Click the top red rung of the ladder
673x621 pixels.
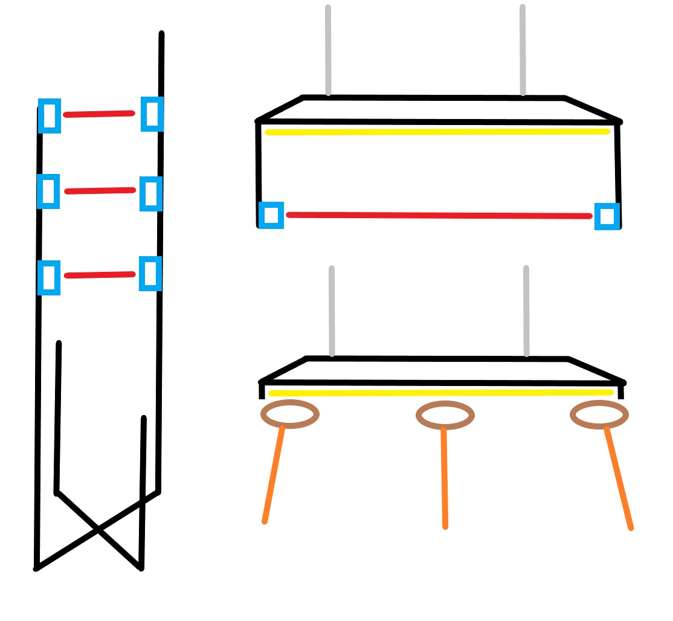point(98,114)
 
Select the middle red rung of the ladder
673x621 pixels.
point(100,191)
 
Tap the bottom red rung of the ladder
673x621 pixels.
point(100,275)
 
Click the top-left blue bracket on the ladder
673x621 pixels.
point(50,115)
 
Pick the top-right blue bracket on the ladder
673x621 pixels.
point(152,114)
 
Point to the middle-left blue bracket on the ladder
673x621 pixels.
point(48,191)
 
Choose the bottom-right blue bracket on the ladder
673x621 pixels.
point(150,274)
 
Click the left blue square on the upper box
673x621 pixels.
point(271,215)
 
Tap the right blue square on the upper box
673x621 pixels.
point(607,216)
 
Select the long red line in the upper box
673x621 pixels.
point(439,215)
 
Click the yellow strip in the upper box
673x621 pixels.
point(437,132)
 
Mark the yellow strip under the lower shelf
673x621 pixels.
point(441,393)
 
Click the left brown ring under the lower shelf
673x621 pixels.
point(290,414)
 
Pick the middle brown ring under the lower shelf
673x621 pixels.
point(445,415)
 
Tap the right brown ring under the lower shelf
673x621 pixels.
point(599,414)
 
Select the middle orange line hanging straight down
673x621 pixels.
point(445,477)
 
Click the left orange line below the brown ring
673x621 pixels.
point(273,474)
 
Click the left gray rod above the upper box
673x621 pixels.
point(328,51)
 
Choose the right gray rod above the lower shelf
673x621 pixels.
point(526,311)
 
